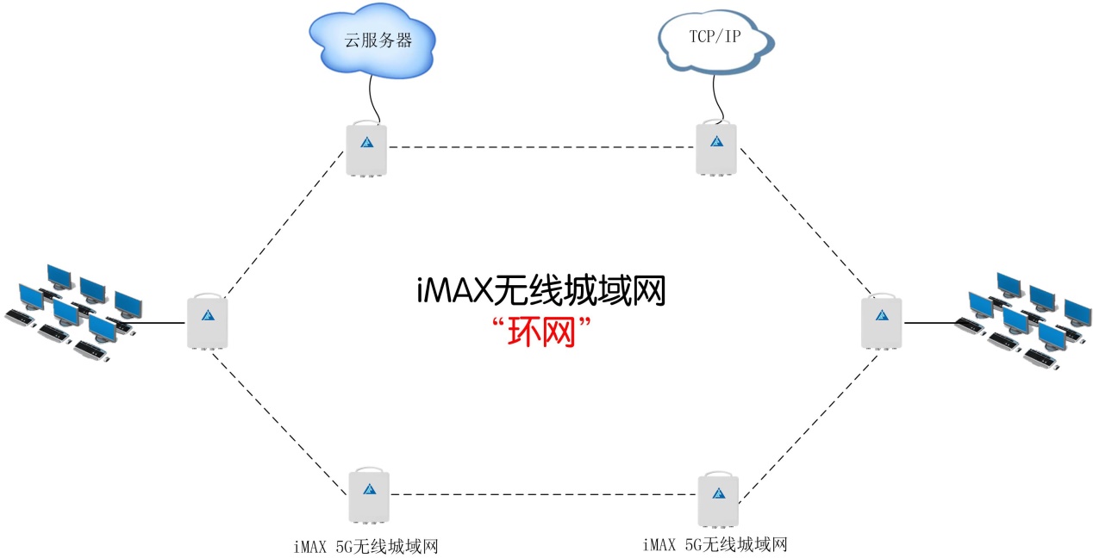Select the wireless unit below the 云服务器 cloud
(x=366, y=148)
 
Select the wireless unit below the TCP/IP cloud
(x=716, y=148)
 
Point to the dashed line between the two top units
(x=541, y=147)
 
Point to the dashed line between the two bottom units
(x=543, y=495)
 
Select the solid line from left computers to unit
(x=160, y=323)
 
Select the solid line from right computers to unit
(x=928, y=322)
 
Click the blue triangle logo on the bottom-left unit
(x=369, y=489)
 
